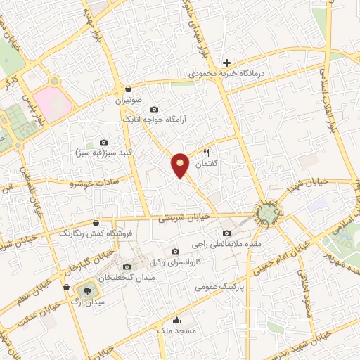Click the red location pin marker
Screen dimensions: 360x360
pos(181,165)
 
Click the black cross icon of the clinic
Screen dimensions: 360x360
pos(226,63)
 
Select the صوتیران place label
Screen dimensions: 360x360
pos(129,100)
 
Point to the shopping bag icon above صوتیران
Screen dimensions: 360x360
pos(129,89)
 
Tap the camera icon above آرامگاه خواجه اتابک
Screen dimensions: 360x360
pos(154,110)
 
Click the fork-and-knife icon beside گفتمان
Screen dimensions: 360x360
pos(206,153)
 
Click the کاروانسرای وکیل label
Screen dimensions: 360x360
pos(175,262)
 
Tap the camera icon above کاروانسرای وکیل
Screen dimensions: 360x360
pos(175,251)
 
